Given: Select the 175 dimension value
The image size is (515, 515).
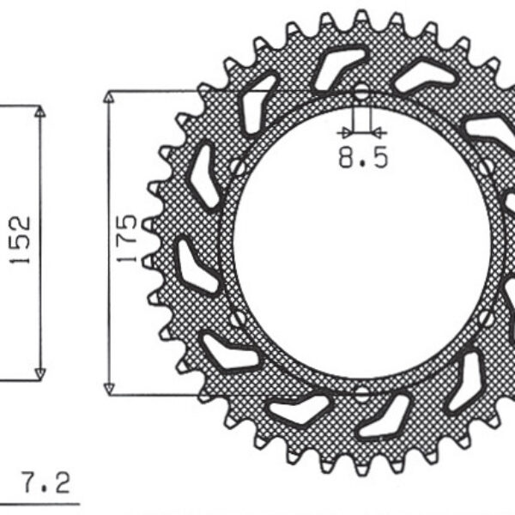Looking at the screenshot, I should [x=129, y=238].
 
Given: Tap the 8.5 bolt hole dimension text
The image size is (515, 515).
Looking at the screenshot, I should [x=362, y=158].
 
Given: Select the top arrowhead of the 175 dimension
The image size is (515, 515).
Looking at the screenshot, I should [x=108, y=97].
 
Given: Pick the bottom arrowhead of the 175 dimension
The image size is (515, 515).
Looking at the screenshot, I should [x=108, y=387].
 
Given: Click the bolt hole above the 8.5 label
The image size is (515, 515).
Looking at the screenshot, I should [x=361, y=92].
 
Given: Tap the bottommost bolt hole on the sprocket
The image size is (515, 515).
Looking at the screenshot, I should [x=361, y=393].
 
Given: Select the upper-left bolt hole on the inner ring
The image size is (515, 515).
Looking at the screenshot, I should [x=237, y=167].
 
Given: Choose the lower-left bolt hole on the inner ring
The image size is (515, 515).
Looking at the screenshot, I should [x=236, y=318].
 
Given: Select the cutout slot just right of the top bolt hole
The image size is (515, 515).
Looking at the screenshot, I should [x=424, y=77].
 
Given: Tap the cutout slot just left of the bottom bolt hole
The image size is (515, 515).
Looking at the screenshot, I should [x=299, y=410].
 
